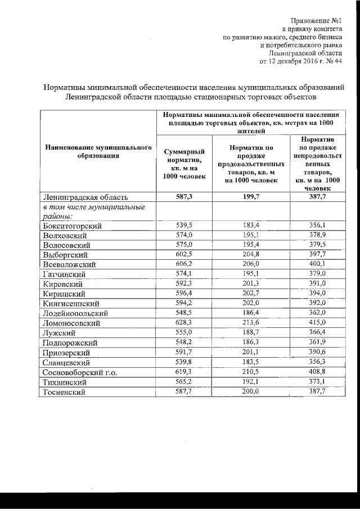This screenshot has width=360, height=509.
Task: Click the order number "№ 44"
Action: (332, 61)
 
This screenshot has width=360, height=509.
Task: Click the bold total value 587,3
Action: (184, 197)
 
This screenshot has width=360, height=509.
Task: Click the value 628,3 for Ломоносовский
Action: (184, 322)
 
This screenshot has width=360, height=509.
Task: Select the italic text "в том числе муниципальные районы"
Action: (94, 211)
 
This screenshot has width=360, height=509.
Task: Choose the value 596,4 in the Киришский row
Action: (184, 293)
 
